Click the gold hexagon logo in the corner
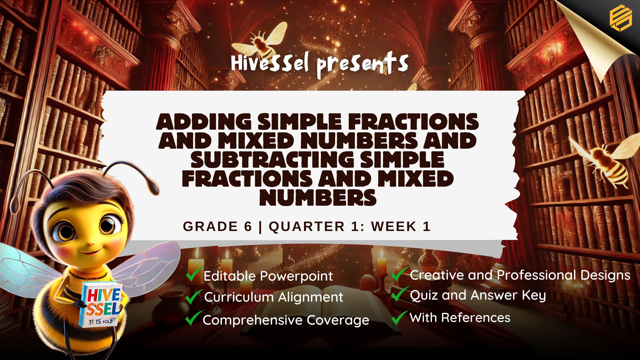(x=621, y=18)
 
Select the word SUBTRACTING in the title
(x=271, y=159)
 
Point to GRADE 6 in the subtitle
(x=217, y=227)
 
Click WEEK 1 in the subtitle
(x=401, y=227)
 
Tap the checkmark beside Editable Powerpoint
(x=194, y=274)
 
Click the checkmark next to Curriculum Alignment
(x=194, y=297)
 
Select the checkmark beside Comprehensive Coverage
(x=194, y=318)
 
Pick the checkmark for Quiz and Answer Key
(x=400, y=294)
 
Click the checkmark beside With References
(x=400, y=317)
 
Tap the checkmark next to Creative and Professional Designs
(x=400, y=274)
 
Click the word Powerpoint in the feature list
(x=296, y=276)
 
